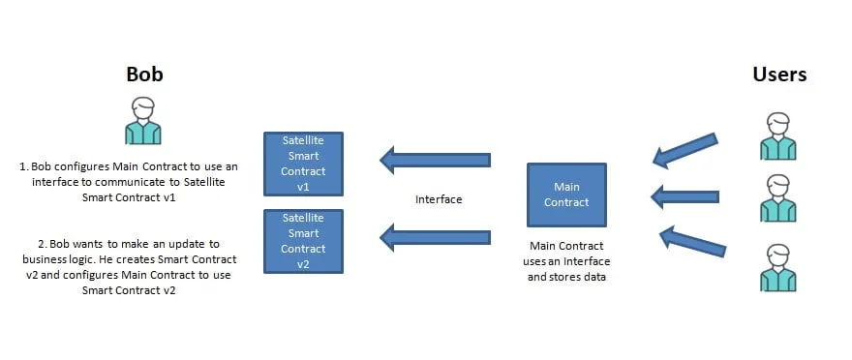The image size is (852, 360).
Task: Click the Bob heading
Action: click(x=143, y=74)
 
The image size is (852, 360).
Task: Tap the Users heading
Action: click(x=779, y=74)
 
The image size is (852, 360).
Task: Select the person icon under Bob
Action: click(x=143, y=120)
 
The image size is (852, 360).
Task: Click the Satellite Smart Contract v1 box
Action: click(x=302, y=162)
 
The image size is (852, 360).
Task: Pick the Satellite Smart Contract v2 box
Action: click(x=302, y=241)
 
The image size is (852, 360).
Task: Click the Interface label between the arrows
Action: click(x=439, y=198)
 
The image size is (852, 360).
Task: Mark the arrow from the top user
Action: click(x=685, y=148)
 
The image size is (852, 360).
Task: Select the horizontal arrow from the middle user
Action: click(x=685, y=196)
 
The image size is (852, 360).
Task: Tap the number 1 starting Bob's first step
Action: click(x=22, y=166)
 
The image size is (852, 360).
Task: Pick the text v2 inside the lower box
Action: click(x=302, y=264)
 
